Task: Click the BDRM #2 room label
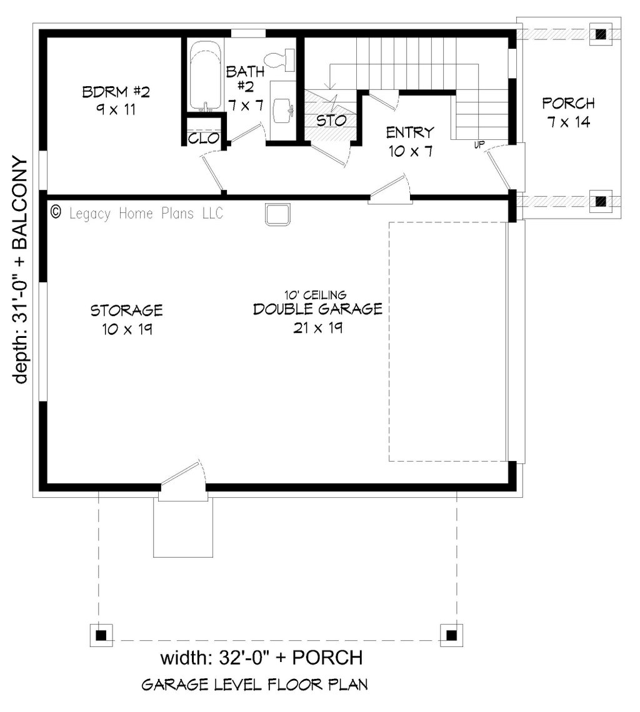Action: [116, 101]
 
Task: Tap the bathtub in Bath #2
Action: [205, 76]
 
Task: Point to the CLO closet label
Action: [204, 138]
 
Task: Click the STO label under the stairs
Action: [331, 121]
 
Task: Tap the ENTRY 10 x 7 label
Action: [410, 142]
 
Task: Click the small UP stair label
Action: [479, 145]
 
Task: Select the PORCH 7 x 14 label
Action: [568, 112]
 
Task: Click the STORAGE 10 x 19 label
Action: [126, 320]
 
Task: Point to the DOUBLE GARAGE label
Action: [317, 309]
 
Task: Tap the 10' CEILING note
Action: [316, 295]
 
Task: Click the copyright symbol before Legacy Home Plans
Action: [56, 212]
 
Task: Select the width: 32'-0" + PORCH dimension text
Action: [261, 658]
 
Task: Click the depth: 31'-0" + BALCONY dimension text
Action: [19, 270]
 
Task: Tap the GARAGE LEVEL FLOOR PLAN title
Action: [254, 685]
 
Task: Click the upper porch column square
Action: [601, 34]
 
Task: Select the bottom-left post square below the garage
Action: [101, 635]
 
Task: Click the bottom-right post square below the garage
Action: [451, 635]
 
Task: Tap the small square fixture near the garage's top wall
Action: [277, 215]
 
